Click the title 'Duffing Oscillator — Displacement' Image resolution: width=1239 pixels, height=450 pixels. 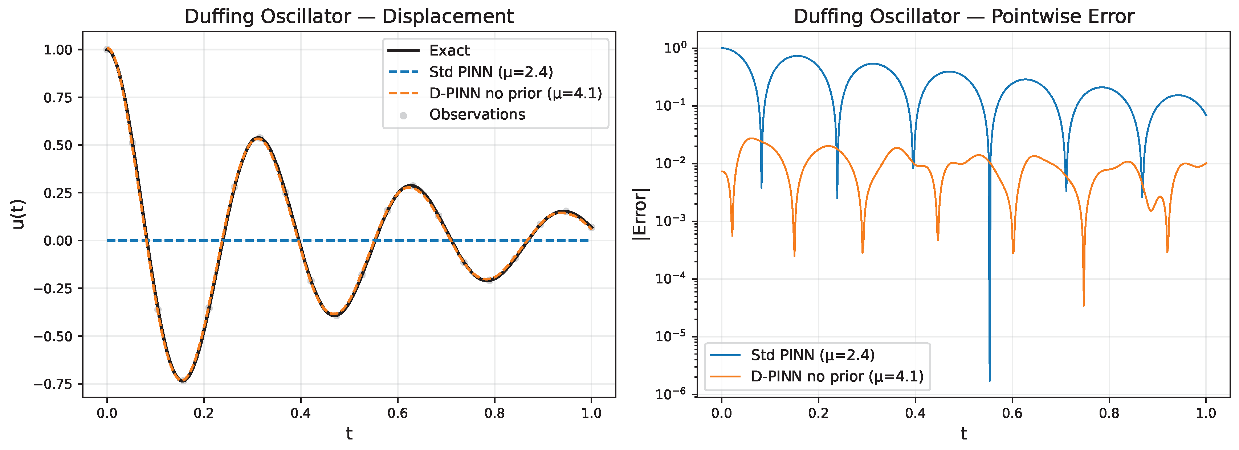[349, 16]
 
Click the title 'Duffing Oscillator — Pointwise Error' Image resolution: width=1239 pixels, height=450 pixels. [964, 16]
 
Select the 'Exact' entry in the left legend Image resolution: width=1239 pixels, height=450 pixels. [449, 50]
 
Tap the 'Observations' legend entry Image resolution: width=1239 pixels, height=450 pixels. [477, 114]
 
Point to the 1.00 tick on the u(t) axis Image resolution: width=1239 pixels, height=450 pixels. [58, 49]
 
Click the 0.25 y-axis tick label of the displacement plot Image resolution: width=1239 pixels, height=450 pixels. [58, 193]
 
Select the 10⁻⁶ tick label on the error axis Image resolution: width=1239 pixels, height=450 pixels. [670, 393]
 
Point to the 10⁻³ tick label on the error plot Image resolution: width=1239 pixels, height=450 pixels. [670, 221]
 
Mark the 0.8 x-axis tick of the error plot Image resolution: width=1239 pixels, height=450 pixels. [1109, 413]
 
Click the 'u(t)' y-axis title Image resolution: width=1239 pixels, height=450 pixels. [18, 214]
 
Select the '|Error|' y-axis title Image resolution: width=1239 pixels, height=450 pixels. [640, 214]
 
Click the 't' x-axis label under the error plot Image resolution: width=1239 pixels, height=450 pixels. [964, 434]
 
